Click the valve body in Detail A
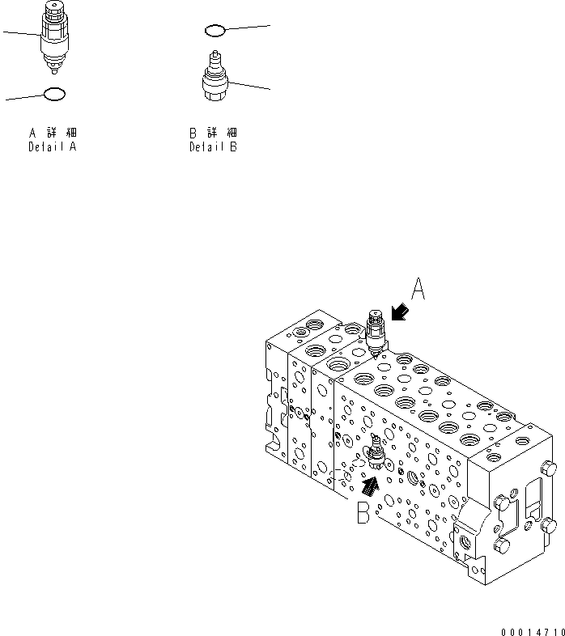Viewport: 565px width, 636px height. (55, 36)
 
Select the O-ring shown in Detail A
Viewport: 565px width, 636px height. (53, 94)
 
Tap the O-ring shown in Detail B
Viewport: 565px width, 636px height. (215, 31)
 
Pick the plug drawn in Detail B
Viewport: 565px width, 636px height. (215, 78)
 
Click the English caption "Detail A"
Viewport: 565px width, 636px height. (53, 147)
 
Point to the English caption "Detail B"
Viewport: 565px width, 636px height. (214, 147)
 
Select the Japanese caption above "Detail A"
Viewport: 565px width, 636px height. (53, 133)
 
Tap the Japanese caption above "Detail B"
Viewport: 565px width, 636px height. (214, 133)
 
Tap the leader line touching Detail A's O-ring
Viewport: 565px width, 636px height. (24, 97)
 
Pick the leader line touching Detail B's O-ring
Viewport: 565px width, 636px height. (247, 28)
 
